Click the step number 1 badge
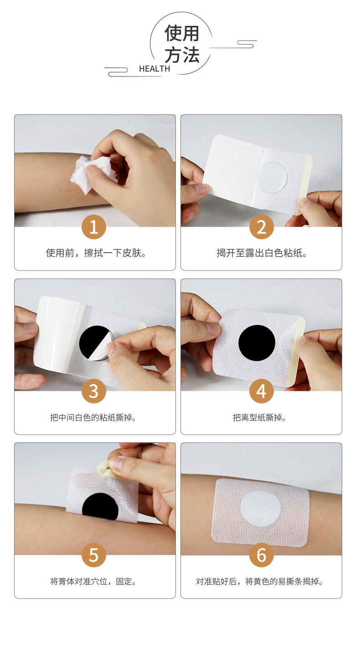point(94,227)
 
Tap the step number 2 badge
point(262,227)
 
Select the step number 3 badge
point(94,391)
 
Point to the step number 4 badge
point(262,391)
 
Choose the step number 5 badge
point(94,555)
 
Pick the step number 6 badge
point(262,555)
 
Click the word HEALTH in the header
point(154,69)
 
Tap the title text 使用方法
point(182,44)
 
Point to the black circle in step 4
point(257,343)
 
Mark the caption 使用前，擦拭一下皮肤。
point(96,253)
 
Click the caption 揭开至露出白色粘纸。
point(262,253)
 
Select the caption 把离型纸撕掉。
point(259,417)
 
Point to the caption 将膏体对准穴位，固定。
point(93,581)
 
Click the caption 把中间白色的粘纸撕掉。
point(93,417)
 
